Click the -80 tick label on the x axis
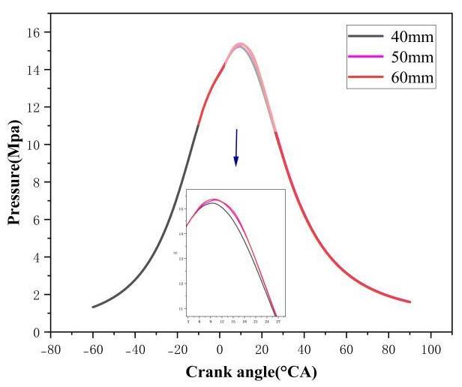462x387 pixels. tap(50, 349)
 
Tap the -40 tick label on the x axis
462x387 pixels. tap(134, 349)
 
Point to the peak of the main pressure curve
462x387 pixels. tap(240, 44)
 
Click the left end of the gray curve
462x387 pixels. tap(92, 307)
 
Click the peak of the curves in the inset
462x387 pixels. tap(214, 199)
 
